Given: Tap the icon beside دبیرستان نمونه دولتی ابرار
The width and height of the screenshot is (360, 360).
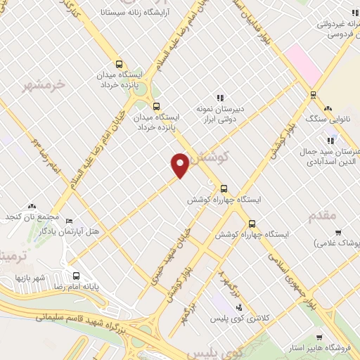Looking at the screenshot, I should tap(219, 98).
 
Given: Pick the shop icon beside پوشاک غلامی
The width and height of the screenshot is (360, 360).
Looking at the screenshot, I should tap(338, 233).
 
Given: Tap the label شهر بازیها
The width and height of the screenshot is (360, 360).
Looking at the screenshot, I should tap(31, 278).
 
